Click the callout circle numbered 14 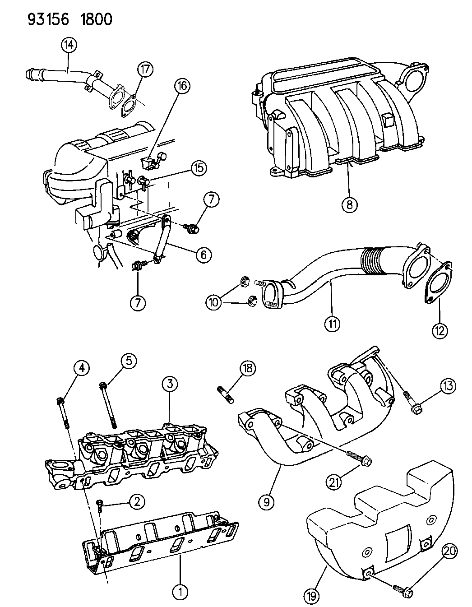click(69, 45)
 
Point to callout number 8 click(349, 205)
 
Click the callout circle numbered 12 click(440, 330)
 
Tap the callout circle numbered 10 click(214, 302)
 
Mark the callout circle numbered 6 click(204, 255)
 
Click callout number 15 click(199, 168)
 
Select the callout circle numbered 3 click(170, 384)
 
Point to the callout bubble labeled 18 click(248, 368)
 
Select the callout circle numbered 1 click(180, 591)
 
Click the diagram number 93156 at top click(48, 19)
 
